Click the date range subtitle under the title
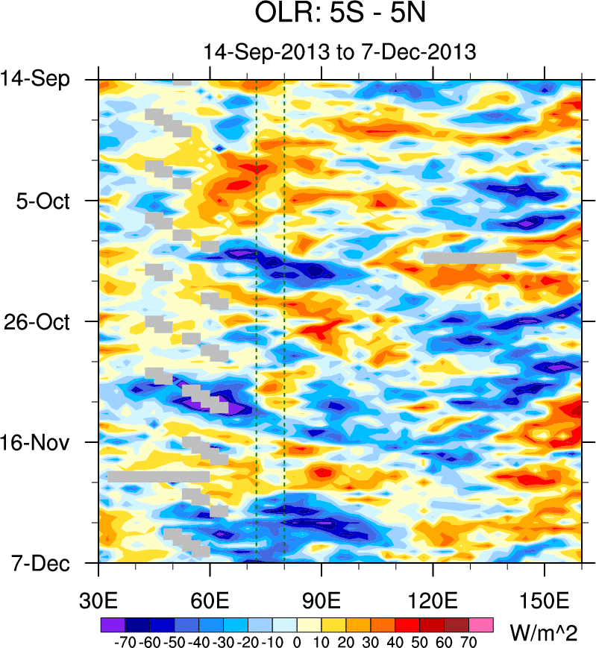click(340, 52)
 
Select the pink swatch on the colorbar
click(482, 623)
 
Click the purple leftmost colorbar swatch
click(111, 623)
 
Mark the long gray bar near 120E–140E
click(470, 257)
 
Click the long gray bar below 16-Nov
click(159, 476)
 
